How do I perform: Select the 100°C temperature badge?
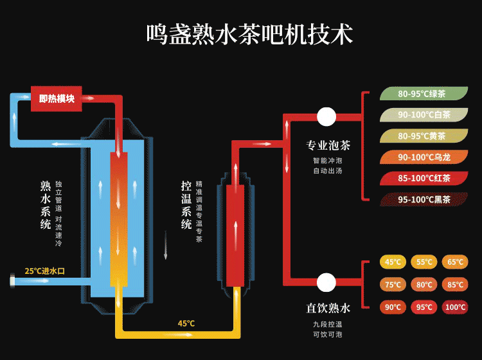(x=455, y=307)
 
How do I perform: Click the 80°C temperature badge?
(x=424, y=285)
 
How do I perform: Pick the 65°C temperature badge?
(x=455, y=262)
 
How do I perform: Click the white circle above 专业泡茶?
(x=326, y=116)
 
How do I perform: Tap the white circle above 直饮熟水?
(x=326, y=282)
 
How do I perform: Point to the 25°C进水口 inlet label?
(x=44, y=271)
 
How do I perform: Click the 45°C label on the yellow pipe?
(x=186, y=323)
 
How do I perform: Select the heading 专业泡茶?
(x=328, y=145)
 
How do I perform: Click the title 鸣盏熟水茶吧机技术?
(x=249, y=34)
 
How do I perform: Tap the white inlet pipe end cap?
(x=12, y=281)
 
